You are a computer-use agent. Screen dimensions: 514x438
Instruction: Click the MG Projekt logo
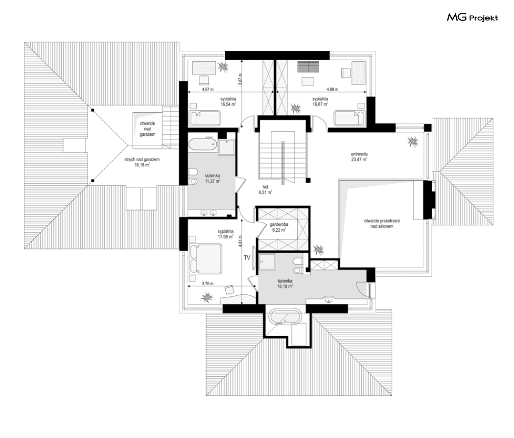[x=472, y=17]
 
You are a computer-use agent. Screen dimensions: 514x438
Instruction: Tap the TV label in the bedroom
[x=247, y=258]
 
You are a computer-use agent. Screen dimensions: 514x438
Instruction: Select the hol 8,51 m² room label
[x=265, y=190]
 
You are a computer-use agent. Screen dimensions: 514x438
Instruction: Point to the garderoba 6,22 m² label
[x=279, y=227]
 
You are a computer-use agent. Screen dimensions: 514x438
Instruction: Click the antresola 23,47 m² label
[x=359, y=156]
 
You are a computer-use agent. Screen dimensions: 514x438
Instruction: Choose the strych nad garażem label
[x=142, y=162]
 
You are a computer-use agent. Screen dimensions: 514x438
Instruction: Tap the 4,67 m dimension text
[x=208, y=89]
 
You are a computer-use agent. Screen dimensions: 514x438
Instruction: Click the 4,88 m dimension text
[x=332, y=89]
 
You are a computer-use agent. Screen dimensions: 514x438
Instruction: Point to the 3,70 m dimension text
[x=208, y=284]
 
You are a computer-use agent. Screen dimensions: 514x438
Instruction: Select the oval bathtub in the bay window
[x=285, y=317]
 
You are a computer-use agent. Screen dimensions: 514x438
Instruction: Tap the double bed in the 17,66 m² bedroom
[x=206, y=258]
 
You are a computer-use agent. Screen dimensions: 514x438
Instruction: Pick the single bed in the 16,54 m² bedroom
[x=205, y=118]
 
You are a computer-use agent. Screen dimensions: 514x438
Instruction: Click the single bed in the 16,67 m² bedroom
[x=349, y=118]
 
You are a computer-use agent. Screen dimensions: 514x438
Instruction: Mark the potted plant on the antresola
[x=413, y=142]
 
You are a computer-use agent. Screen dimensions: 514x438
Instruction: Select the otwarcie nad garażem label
[x=147, y=129]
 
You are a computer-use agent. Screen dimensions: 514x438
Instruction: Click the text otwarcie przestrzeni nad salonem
[x=382, y=224]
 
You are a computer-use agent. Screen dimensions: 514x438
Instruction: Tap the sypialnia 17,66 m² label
[x=225, y=234]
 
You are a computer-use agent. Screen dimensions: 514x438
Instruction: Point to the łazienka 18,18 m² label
[x=284, y=284]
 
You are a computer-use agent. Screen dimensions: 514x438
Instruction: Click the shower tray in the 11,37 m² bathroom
[x=227, y=147]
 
